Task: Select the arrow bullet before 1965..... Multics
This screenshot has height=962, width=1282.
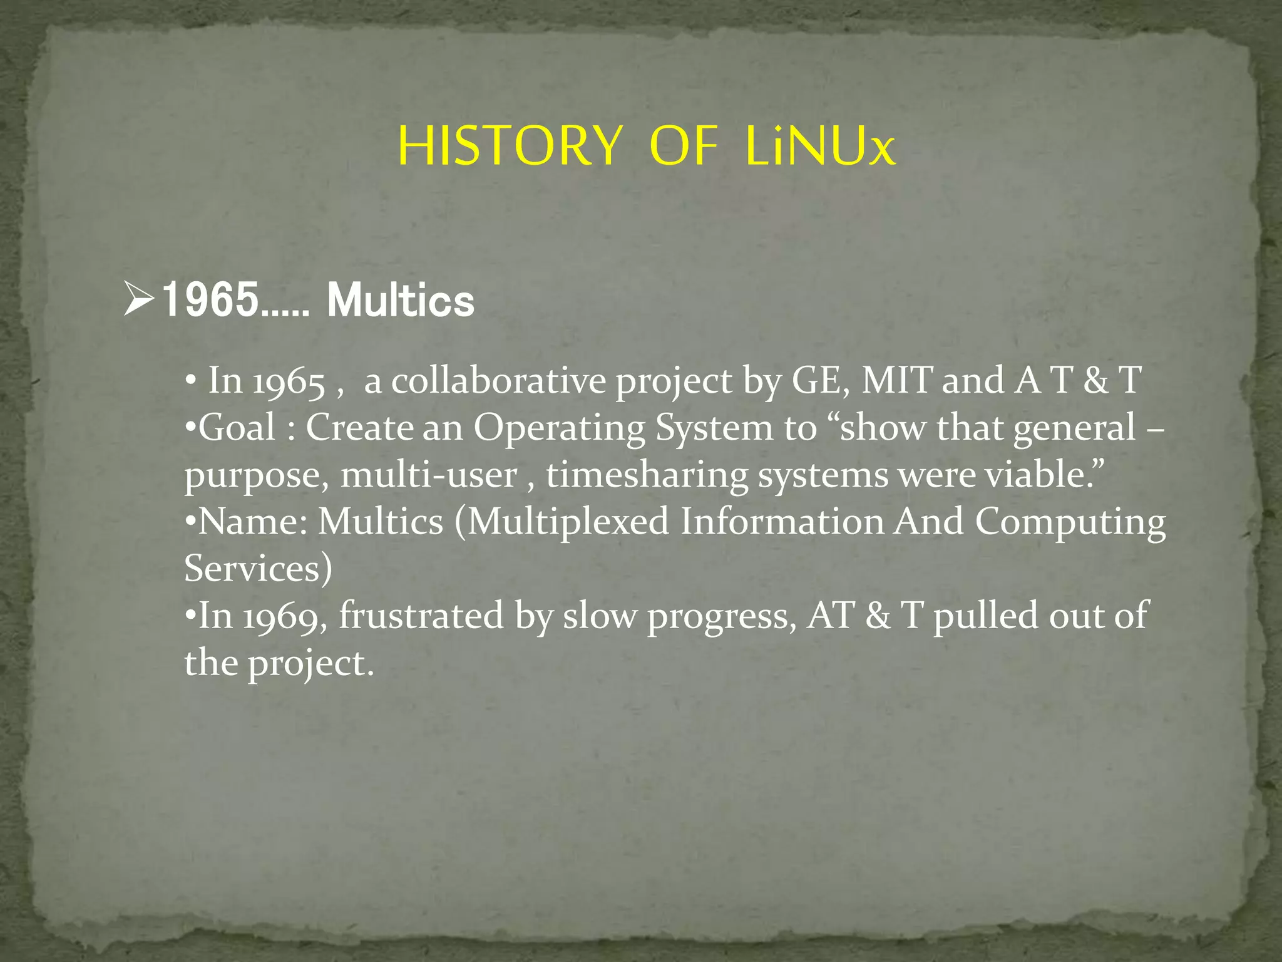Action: pyautogui.click(x=138, y=299)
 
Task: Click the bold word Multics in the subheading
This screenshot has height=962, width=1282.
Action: pyautogui.click(x=401, y=301)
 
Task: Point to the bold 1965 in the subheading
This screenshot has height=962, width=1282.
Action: pyautogui.click(x=210, y=301)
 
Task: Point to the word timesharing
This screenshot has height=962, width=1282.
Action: pyautogui.click(x=647, y=475)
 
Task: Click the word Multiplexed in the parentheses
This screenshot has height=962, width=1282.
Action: pyautogui.click(x=568, y=522)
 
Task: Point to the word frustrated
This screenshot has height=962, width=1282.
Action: pyautogui.click(x=421, y=615)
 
